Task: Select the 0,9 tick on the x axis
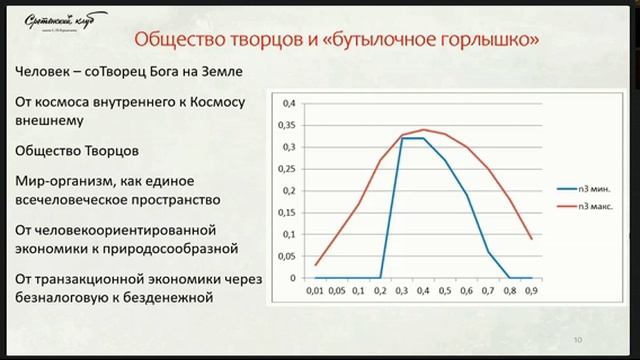(x=530, y=291)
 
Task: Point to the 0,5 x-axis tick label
(x=445, y=291)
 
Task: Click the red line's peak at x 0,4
(x=424, y=130)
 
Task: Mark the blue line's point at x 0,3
(x=402, y=138)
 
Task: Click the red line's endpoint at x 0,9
(x=530, y=239)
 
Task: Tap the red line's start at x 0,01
(x=317, y=265)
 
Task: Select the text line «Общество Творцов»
(x=76, y=152)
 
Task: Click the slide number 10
(x=579, y=339)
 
